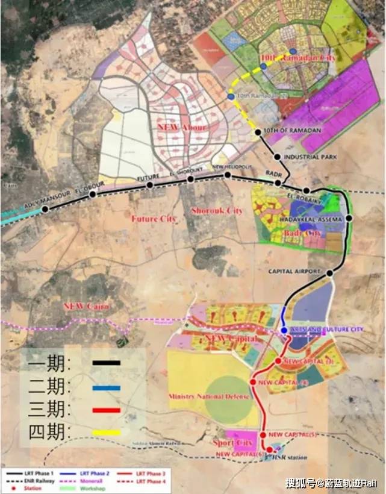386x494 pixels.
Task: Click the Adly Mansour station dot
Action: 45,209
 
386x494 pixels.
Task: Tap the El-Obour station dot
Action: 92,194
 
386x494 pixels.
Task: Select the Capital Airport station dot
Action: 329,274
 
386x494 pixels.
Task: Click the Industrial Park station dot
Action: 277,157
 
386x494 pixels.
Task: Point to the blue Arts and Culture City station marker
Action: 284,330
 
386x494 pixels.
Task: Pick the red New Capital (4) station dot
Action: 253,382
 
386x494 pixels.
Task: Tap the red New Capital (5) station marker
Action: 264,434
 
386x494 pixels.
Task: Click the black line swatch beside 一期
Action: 107,363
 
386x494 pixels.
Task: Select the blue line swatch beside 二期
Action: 107,388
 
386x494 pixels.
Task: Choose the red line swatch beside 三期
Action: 107,411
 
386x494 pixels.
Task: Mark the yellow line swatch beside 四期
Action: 107,433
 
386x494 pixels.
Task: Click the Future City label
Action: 154,219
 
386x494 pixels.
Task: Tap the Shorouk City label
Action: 216,211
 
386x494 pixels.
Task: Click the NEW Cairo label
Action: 87,306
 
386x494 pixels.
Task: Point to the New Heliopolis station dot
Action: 228,175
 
